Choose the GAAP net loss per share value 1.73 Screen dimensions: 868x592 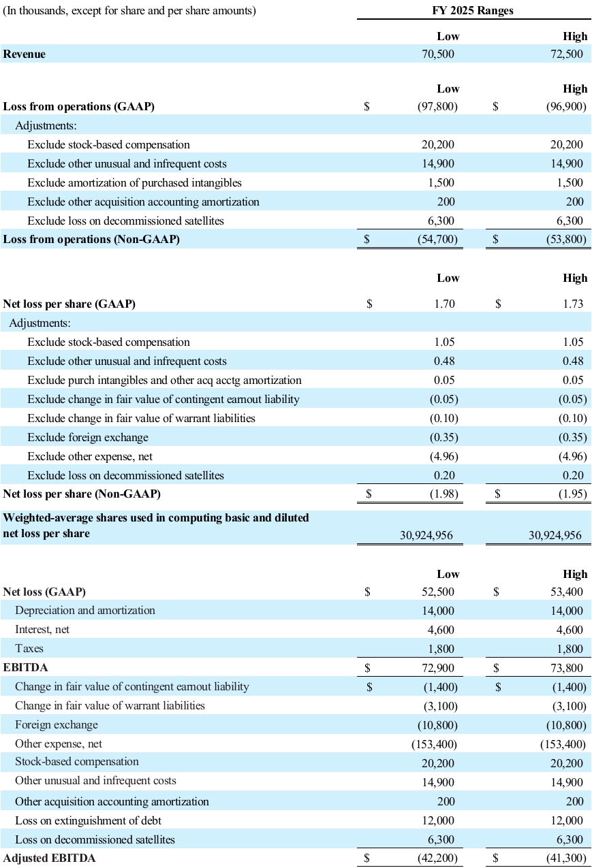click(573, 304)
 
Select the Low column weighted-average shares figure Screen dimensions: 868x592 click(426, 536)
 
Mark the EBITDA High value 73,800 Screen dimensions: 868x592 click(566, 668)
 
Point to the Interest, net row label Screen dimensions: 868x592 click(42, 630)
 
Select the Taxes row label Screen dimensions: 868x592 click(29, 649)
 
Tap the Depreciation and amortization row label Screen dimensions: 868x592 click(85, 611)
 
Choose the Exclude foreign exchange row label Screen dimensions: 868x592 click(88, 437)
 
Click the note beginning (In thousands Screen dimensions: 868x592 click(129, 11)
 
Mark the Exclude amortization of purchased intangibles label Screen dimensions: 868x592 click(134, 182)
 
